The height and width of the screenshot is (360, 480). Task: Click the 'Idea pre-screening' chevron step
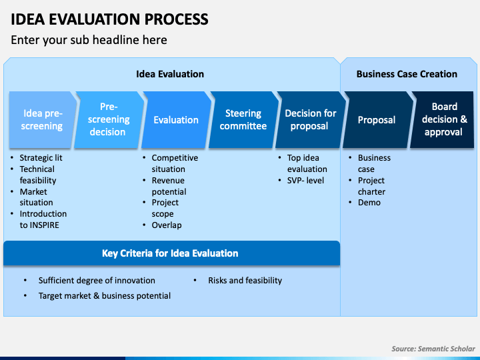tap(42, 120)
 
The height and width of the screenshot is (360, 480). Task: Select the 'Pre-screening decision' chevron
tap(109, 120)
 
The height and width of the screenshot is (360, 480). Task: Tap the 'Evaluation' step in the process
tap(176, 120)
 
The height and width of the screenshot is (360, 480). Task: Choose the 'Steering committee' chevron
tap(243, 120)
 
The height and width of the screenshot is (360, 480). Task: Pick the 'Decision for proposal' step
tap(311, 120)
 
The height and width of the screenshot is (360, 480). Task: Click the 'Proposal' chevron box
tap(378, 120)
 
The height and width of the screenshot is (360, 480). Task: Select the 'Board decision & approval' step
tap(443, 120)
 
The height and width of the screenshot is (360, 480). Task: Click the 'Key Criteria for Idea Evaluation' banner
tap(171, 253)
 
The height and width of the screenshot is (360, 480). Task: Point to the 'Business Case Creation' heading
tap(407, 74)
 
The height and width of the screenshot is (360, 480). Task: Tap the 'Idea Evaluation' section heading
tap(170, 74)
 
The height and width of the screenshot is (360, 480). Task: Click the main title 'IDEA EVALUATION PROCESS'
tap(109, 19)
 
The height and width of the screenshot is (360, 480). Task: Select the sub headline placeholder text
tap(89, 40)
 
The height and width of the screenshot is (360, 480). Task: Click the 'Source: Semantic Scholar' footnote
tap(433, 349)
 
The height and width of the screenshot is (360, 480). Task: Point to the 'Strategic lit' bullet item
tap(41, 158)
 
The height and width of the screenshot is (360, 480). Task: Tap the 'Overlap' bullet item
tap(167, 225)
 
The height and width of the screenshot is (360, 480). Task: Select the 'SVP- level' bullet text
tap(305, 181)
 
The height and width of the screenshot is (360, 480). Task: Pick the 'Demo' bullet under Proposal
tap(369, 203)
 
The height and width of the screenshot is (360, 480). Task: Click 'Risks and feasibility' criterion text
tap(245, 281)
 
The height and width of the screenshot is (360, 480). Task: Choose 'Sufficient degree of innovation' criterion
tap(97, 281)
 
